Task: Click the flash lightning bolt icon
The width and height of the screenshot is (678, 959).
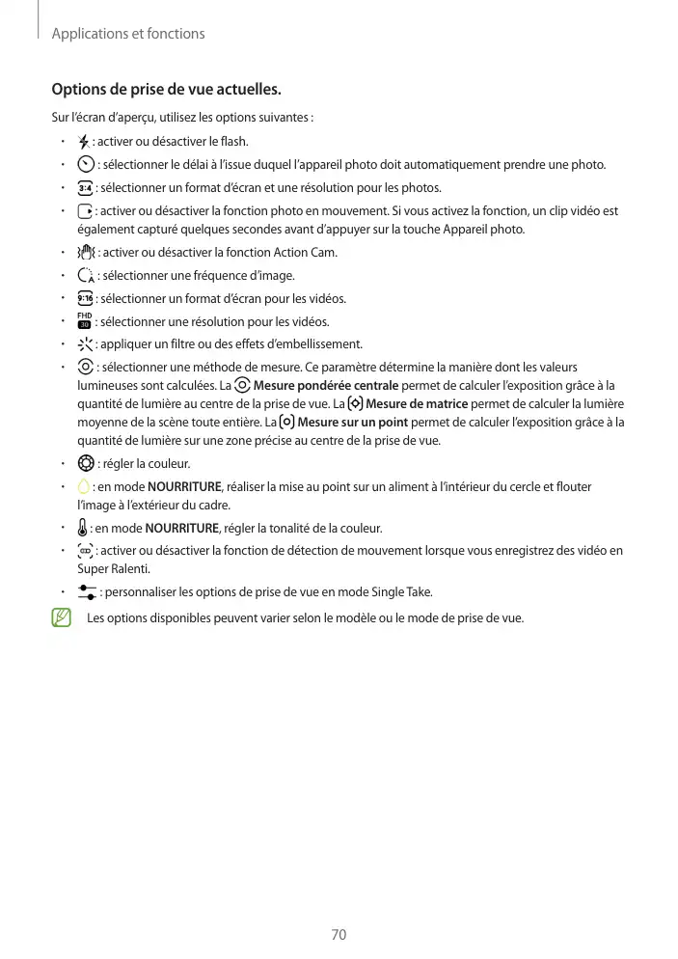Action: [84, 142]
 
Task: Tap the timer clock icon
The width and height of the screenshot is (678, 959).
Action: [86, 164]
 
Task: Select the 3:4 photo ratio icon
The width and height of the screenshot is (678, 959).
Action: [86, 187]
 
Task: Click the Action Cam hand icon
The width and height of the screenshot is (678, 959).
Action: [86, 253]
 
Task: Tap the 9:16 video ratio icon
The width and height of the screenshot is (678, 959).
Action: [86, 299]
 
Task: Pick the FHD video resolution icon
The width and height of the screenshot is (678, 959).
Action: [85, 321]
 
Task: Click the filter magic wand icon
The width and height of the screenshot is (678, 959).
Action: [86, 344]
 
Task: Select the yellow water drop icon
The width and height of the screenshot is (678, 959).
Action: [84, 486]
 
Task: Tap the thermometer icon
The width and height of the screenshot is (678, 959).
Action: [83, 528]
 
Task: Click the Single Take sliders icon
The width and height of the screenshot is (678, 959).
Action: [87, 591]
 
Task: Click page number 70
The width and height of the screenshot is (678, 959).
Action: [339, 935]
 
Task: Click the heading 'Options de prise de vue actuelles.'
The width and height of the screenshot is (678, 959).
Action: [166, 91]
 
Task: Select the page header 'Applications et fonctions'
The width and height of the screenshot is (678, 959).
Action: [128, 34]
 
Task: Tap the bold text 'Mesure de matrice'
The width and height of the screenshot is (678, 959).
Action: [418, 404]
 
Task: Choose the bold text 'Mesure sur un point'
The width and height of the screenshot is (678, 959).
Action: [353, 423]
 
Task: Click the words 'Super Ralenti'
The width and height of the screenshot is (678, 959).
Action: [109, 568]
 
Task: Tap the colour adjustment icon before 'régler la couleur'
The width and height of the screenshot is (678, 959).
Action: [86, 463]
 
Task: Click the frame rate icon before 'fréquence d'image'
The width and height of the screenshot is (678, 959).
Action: [86, 276]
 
